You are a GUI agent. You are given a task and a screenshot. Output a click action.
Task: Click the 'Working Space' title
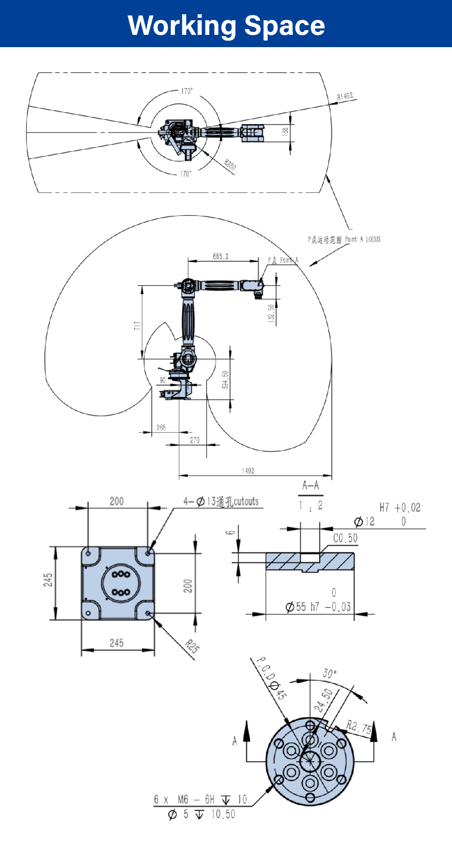226,25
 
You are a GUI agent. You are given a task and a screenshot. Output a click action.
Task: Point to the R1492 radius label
345,97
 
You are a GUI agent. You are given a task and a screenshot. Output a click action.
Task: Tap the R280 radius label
230,164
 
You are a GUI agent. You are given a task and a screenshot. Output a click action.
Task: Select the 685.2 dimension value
220,256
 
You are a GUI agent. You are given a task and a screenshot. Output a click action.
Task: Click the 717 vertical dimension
137,325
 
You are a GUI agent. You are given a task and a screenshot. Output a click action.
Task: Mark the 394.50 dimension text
225,380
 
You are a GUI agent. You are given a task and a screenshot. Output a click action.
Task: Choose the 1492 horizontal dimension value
248,471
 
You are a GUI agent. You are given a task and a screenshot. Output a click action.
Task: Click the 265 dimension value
161,428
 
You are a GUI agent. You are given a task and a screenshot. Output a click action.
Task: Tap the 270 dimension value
194,440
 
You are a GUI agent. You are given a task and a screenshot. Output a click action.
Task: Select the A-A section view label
311,485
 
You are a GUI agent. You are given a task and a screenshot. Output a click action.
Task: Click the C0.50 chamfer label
346,538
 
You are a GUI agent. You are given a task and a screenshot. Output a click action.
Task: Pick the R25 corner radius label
192,646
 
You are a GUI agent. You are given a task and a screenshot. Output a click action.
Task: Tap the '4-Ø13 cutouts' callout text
221,502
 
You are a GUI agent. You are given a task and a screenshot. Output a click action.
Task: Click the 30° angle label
330,673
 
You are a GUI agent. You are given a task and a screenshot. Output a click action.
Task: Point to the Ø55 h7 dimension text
318,607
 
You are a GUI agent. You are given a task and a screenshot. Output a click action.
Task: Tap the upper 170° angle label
187,91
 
